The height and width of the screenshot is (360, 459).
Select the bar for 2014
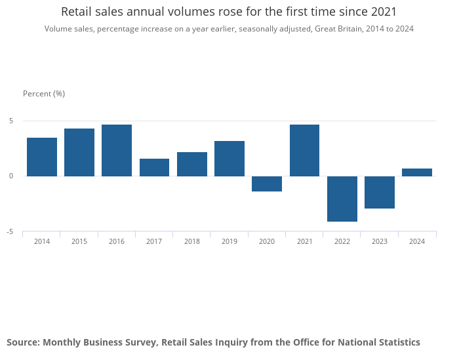(x=42, y=157)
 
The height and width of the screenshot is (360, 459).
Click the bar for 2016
(x=117, y=150)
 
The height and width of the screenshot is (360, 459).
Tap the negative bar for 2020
(x=267, y=184)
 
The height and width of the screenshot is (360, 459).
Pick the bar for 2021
(x=304, y=150)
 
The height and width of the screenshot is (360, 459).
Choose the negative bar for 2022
(x=342, y=199)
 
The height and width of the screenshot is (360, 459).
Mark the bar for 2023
(x=380, y=192)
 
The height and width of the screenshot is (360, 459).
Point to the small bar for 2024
(x=417, y=172)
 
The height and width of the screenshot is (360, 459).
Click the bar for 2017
(x=154, y=167)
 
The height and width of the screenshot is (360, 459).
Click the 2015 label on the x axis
(x=79, y=241)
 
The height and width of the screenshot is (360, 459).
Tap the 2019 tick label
(x=229, y=241)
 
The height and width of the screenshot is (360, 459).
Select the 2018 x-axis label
(x=192, y=241)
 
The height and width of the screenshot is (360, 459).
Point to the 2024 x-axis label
(x=417, y=241)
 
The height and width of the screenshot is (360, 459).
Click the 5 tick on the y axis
(x=11, y=121)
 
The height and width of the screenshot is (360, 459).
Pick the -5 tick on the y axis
(x=10, y=231)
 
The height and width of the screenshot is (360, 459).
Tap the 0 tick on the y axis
(x=11, y=176)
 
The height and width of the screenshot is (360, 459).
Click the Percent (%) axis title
(x=44, y=94)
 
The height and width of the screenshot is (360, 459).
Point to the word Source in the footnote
(x=22, y=342)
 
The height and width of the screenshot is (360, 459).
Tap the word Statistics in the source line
(x=398, y=342)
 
